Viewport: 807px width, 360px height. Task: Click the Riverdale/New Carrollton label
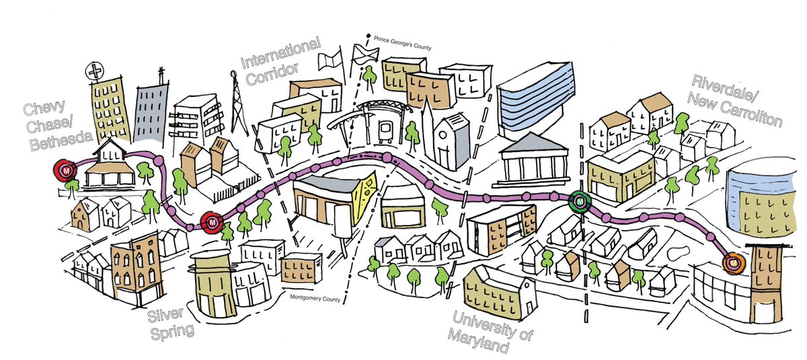point(736,100)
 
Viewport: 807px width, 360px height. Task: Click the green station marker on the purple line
point(578,200)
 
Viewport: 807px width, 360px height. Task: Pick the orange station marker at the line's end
point(732,263)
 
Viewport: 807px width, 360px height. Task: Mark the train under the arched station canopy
point(386,133)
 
